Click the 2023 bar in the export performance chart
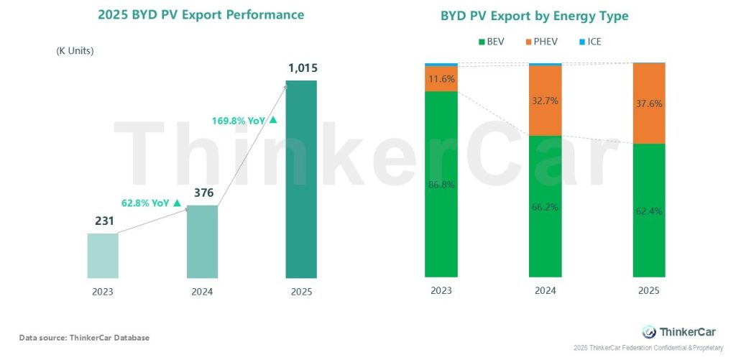click(103, 255)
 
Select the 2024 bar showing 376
click(202, 241)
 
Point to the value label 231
click(103, 221)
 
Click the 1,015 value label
click(301, 69)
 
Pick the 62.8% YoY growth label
click(147, 203)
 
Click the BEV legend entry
click(491, 42)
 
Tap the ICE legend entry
click(589, 42)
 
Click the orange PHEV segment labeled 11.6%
click(441, 79)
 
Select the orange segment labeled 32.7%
click(545, 101)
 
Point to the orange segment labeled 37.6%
click(649, 103)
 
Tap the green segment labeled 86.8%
click(441, 184)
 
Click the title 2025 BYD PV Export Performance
click(201, 15)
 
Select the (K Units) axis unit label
click(75, 51)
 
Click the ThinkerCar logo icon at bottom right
click(649, 331)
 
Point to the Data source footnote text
click(84, 338)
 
